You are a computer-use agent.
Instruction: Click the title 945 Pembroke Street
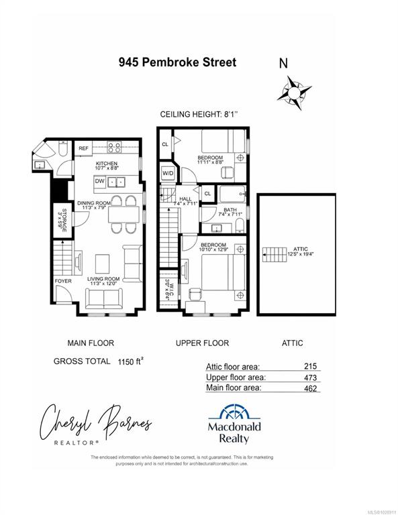177,62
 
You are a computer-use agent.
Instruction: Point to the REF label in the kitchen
84,148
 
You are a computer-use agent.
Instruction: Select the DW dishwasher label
99,181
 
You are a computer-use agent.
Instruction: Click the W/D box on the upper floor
168,173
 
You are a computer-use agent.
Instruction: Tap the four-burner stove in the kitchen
115,148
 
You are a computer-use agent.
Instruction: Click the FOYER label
63,282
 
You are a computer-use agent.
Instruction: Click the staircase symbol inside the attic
275,253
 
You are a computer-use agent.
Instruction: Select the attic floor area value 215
308,366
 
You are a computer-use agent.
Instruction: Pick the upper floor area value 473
308,377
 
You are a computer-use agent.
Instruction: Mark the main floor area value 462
308,388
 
